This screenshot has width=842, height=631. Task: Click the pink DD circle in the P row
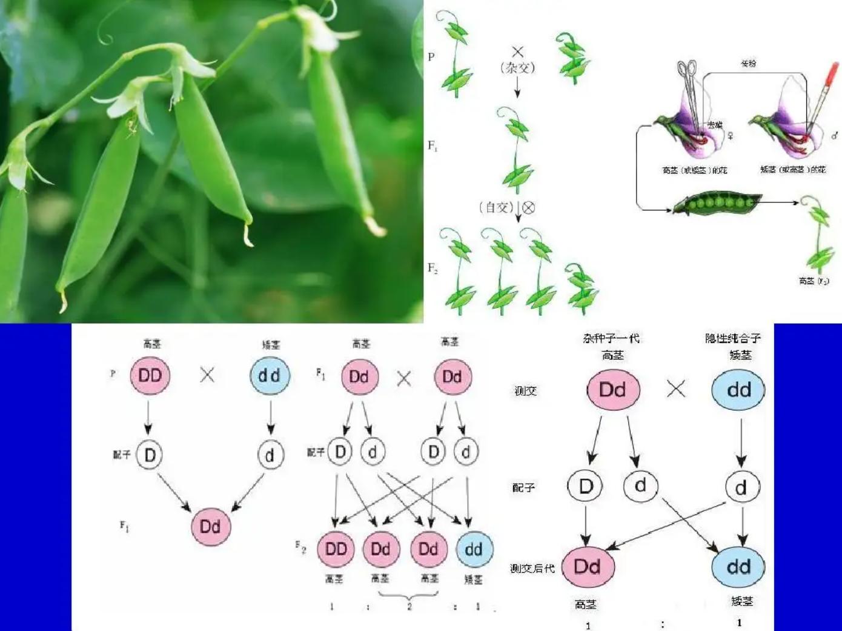pos(150,376)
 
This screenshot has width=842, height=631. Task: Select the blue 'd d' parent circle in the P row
pos(270,376)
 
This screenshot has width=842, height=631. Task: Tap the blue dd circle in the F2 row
pos(474,549)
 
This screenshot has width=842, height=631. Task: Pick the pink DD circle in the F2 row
pos(336,549)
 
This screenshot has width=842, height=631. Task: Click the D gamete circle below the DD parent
pos(150,455)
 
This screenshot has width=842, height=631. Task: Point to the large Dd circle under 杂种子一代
pos(613,390)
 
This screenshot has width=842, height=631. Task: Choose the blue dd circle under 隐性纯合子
pos(738,390)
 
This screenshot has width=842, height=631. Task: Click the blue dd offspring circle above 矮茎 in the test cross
pos(738,567)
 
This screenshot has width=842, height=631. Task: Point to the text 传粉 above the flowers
pos(749,63)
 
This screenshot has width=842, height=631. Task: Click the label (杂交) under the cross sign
pos(517,68)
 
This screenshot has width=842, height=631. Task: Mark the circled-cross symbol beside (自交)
pos(529,208)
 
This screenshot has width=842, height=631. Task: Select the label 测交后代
pos(532,569)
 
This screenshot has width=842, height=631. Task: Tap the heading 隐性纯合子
pos(733,338)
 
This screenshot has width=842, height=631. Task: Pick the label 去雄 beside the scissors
pos(715,125)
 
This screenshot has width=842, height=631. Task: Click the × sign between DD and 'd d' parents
pos(207,375)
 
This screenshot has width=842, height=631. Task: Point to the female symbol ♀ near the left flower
pos(731,136)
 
